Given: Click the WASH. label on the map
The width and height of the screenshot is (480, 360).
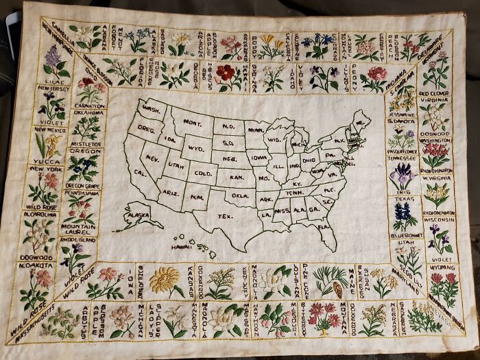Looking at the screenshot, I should [151, 110].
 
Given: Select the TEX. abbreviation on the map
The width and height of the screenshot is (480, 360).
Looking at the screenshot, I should [224, 216].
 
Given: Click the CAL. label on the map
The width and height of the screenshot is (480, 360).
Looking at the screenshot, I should [141, 173].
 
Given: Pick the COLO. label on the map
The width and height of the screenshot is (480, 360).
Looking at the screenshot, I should [204, 173].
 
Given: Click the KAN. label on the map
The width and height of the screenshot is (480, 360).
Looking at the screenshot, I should [237, 177].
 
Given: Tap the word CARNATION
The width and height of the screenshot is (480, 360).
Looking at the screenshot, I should [90, 106].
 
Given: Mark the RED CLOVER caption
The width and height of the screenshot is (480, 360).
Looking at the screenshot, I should [433, 93].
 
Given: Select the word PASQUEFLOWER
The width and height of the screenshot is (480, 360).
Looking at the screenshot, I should [401, 151].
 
